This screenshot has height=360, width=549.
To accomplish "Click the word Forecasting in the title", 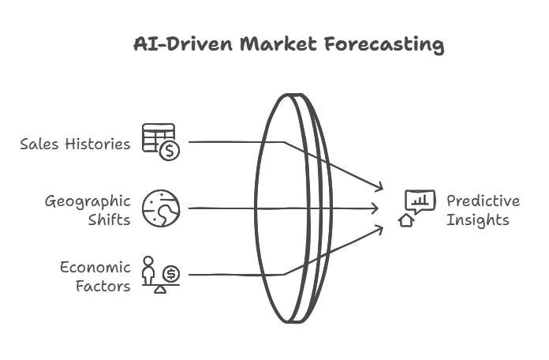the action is (x=384, y=45).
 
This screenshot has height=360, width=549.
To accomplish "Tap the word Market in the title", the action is (x=278, y=44).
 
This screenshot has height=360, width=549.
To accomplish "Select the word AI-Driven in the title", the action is (x=183, y=44).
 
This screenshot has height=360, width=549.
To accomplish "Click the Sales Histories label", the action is (x=75, y=144).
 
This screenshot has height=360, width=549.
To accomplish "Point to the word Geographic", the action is (x=88, y=202).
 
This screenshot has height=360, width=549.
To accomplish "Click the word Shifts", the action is (x=109, y=219).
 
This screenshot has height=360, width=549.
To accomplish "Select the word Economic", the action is (x=95, y=268).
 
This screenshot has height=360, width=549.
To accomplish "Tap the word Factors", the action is (x=103, y=286).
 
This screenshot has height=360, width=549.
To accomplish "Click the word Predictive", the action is (x=484, y=201).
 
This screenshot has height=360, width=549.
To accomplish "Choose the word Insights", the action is (x=477, y=220).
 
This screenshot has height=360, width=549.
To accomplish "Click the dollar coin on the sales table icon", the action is (x=170, y=151).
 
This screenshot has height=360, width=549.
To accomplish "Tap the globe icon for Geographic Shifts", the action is (x=161, y=208).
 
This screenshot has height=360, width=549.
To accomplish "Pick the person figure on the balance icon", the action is (x=148, y=271).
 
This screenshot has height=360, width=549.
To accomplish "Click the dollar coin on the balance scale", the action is (x=171, y=274).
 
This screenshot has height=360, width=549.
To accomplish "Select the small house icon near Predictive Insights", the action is (x=406, y=220).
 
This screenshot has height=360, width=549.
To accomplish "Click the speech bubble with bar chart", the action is (x=420, y=201).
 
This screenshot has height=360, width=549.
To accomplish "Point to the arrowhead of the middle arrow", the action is (x=377, y=208).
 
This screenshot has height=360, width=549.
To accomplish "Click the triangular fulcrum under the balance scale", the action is (x=160, y=290).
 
